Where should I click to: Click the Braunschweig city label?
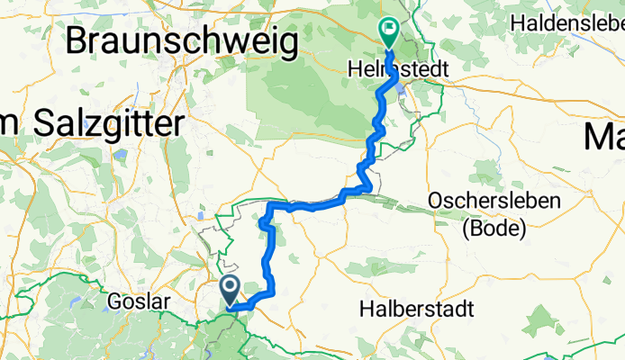click(x=182, y=41)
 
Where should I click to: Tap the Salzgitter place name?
click(x=108, y=124)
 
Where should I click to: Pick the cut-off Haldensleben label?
click(x=567, y=20)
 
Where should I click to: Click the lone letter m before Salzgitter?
click(x=13, y=124)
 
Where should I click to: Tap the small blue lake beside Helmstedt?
click(x=403, y=87)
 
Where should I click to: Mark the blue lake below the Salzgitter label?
click(x=118, y=156)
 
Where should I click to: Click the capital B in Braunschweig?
click(x=78, y=41)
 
